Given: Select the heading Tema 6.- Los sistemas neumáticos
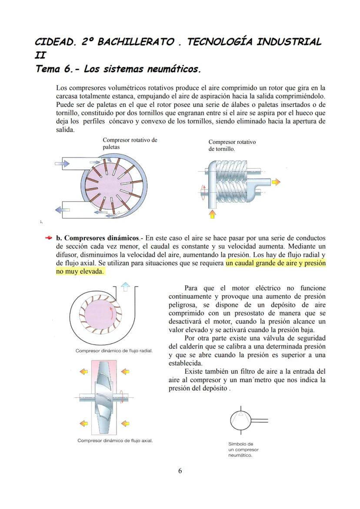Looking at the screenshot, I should click(118, 69).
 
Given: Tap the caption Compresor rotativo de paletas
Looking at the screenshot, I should click(129, 143).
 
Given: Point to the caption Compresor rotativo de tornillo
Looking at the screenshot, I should click(232, 146).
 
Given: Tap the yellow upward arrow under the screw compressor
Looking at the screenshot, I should click(212, 214).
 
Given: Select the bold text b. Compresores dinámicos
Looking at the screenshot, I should click(97, 238).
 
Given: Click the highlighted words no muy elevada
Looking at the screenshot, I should click(80, 272).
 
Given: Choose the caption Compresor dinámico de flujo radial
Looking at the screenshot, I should click(114, 351).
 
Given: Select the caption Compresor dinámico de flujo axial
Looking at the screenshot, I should click(115, 440).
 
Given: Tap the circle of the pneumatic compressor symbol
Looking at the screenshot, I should click(240, 419).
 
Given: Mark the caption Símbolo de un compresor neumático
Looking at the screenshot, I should click(243, 449).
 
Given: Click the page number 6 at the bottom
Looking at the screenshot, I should click(180, 471).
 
